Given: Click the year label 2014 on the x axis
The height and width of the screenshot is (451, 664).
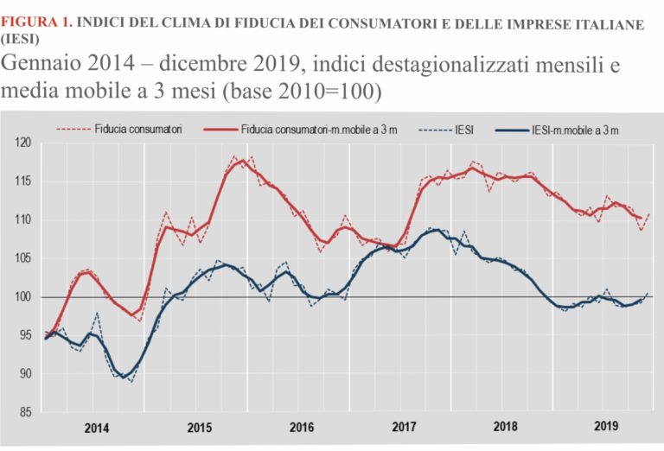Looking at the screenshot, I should pyautogui.click(x=97, y=428).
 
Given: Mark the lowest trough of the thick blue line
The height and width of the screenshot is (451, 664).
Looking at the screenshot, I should pyautogui.click(x=124, y=377).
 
